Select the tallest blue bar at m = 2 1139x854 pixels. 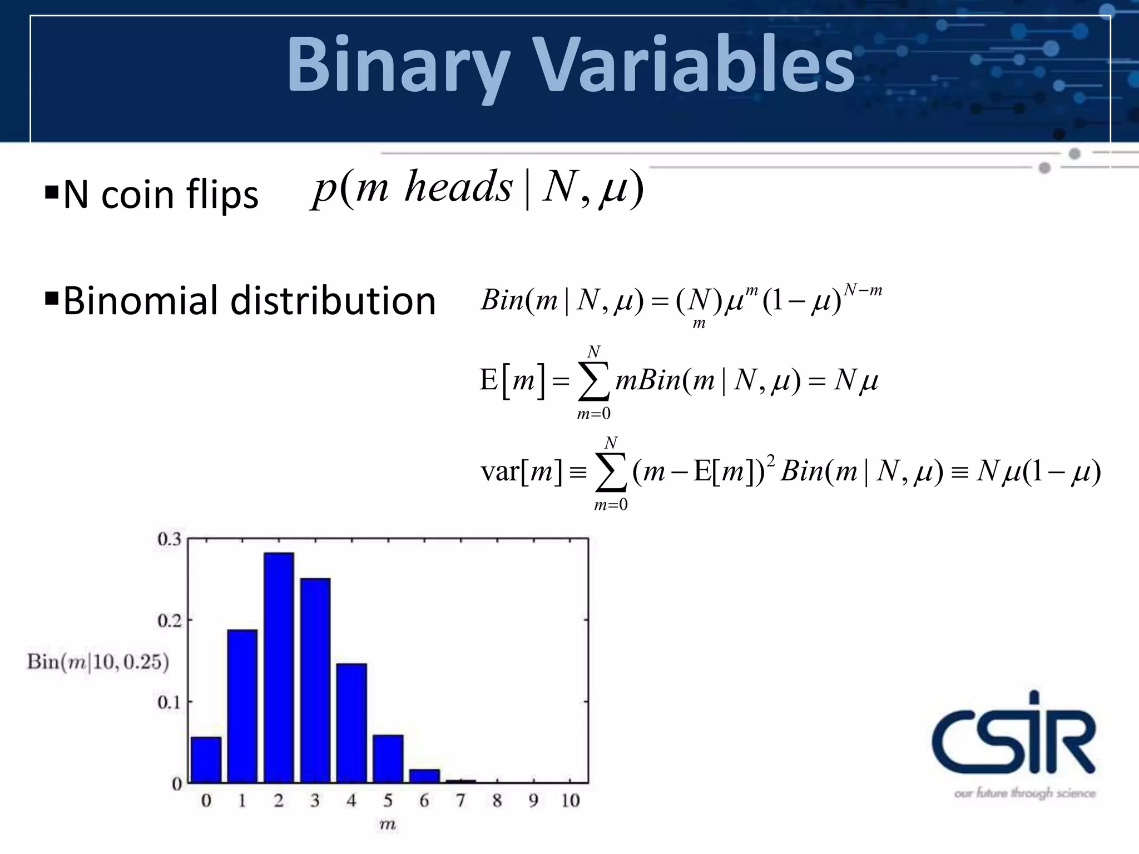279,667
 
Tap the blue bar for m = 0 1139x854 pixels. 206,759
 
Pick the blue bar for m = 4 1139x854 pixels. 351,723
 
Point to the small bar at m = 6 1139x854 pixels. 424,776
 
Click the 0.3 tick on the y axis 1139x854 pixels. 169,539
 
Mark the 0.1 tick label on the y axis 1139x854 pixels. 169,702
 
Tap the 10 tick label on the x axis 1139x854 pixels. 570,801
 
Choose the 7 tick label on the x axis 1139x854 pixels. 460,801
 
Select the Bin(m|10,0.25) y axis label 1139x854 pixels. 98,662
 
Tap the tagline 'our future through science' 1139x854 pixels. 1024,793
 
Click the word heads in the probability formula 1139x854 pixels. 458,187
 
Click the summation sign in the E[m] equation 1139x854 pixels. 594,382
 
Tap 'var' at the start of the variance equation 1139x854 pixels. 499,471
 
